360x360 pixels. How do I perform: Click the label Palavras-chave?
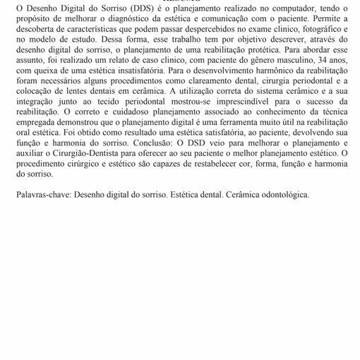click(42, 195)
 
